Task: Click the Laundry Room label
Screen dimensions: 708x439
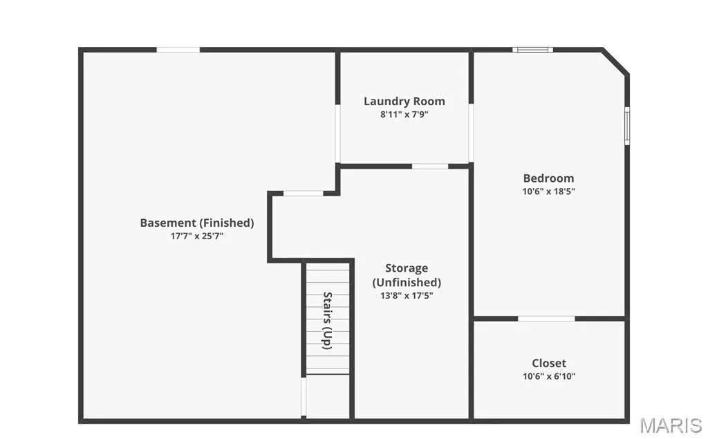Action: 404,101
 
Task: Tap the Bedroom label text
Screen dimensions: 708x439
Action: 548,178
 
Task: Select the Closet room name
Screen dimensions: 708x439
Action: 548,363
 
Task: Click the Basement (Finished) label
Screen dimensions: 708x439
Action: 197,223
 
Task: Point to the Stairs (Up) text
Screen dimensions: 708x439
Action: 327,321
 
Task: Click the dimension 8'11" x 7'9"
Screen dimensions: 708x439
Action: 404,114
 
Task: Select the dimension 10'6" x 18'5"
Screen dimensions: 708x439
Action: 548,191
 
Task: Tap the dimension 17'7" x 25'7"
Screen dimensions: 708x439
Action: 197,236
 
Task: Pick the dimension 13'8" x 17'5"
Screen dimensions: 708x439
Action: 407,295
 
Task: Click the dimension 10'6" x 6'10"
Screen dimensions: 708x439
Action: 549,376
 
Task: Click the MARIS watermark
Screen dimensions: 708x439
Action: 671,426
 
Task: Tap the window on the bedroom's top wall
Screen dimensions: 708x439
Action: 533,50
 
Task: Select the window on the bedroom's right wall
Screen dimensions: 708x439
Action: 627,126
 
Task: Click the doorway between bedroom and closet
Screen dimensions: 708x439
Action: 546,319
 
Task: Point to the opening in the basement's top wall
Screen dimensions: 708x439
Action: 178,50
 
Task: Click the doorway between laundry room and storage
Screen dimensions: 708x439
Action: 430,166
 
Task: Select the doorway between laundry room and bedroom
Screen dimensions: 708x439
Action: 471,133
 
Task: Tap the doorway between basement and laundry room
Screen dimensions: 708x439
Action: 337,133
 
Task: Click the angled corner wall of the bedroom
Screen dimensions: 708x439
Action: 615,62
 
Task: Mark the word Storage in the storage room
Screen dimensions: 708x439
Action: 407,268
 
